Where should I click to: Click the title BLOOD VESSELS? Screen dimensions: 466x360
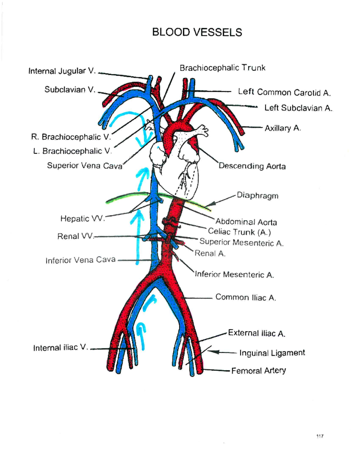[197, 32]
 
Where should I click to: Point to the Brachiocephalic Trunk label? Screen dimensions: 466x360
[222, 68]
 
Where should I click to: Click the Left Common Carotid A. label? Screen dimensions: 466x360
[284, 92]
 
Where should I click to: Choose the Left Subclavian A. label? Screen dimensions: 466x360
[298, 108]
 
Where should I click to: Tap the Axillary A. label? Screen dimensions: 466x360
[283, 128]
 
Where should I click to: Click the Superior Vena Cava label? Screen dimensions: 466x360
[85, 166]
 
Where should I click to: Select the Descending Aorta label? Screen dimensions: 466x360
[252, 166]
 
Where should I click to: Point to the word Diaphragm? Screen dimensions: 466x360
[257, 196]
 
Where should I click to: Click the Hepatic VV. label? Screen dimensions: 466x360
[82, 218]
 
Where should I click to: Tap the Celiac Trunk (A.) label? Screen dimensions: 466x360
[239, 232]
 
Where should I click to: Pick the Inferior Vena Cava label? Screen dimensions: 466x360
[80, 260]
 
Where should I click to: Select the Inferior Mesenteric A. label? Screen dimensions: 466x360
[234, 275]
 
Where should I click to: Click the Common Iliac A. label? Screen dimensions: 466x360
[246, 297]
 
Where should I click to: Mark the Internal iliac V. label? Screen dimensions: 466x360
[61, 348]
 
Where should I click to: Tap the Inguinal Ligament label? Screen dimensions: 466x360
[272, 353]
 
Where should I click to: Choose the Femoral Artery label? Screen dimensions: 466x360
[258, 371]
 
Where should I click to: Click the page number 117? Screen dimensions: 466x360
[320, 436]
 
